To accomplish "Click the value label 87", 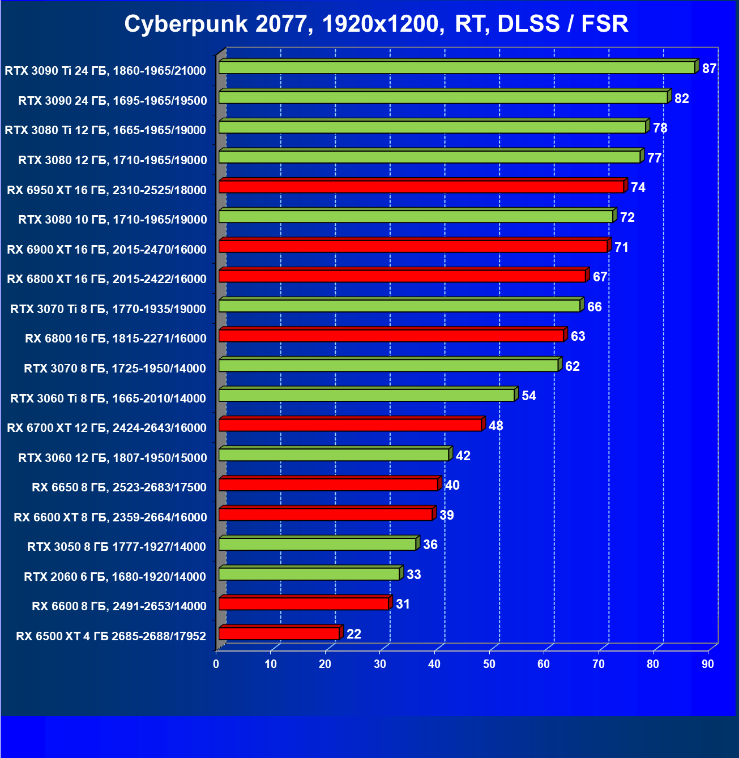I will [x=709, y=68].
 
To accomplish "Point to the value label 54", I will [x=528, y=396].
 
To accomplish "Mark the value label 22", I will [x=353, y=634].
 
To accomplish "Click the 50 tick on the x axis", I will [x=489, y=664].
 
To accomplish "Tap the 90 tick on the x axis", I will [x=708, y=664].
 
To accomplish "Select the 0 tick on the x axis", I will [x=216, y=664].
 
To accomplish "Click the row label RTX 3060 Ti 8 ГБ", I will [x=108, y=399].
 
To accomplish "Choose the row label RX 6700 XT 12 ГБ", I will [x=106, y=428].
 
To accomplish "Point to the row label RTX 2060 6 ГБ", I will [x=115, y=577].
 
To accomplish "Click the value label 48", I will [x=495, y=426].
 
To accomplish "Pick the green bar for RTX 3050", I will [x=317, y=544].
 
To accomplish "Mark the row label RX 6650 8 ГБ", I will [x=119, y=487].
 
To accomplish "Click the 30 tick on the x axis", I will [x=380, y=664].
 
